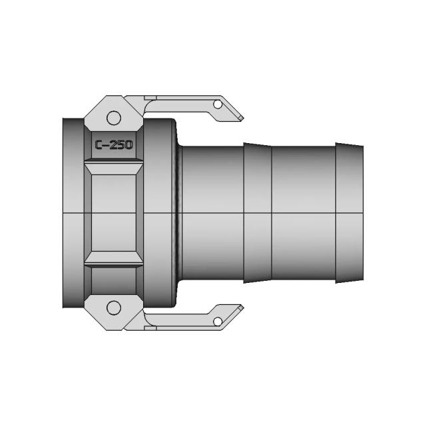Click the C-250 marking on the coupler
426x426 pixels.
point(114,144)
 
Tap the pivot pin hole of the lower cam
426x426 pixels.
point(114,307)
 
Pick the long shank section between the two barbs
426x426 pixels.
point(303,213)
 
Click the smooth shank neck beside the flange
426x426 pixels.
point(212,213)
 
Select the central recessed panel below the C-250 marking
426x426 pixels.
point(114,213)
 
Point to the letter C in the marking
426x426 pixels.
point(99,144)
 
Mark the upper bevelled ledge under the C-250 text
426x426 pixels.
point(114,162)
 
